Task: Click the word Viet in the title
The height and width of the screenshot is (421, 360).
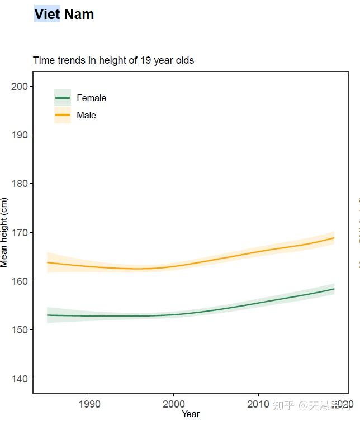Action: point(47,14)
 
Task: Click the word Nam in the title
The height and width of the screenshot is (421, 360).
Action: point(79,14)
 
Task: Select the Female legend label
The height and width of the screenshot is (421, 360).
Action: point(91,98)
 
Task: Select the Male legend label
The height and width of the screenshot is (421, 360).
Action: point(86,115)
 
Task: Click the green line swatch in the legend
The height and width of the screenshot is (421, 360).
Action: point(62,98)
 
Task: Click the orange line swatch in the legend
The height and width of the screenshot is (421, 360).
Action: point(62,115)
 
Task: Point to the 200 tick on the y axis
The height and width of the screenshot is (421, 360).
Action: point(20,86)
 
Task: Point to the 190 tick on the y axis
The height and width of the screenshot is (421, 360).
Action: point(20,135)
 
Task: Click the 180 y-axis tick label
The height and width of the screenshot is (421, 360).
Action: point(20,184)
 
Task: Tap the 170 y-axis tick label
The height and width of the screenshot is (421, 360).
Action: point(20,232)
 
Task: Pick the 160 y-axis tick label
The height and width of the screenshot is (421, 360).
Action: point(20,281)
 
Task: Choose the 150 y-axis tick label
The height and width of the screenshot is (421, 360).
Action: point(20,330)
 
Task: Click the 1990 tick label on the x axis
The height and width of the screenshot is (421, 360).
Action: point(89,404)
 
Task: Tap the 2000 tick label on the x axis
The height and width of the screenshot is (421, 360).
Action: point(174,404)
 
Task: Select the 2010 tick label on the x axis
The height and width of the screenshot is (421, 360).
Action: point(258,404)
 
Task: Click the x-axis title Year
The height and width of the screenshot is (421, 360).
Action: point(190,414)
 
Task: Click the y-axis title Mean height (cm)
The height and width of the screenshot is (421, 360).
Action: point(4,232)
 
